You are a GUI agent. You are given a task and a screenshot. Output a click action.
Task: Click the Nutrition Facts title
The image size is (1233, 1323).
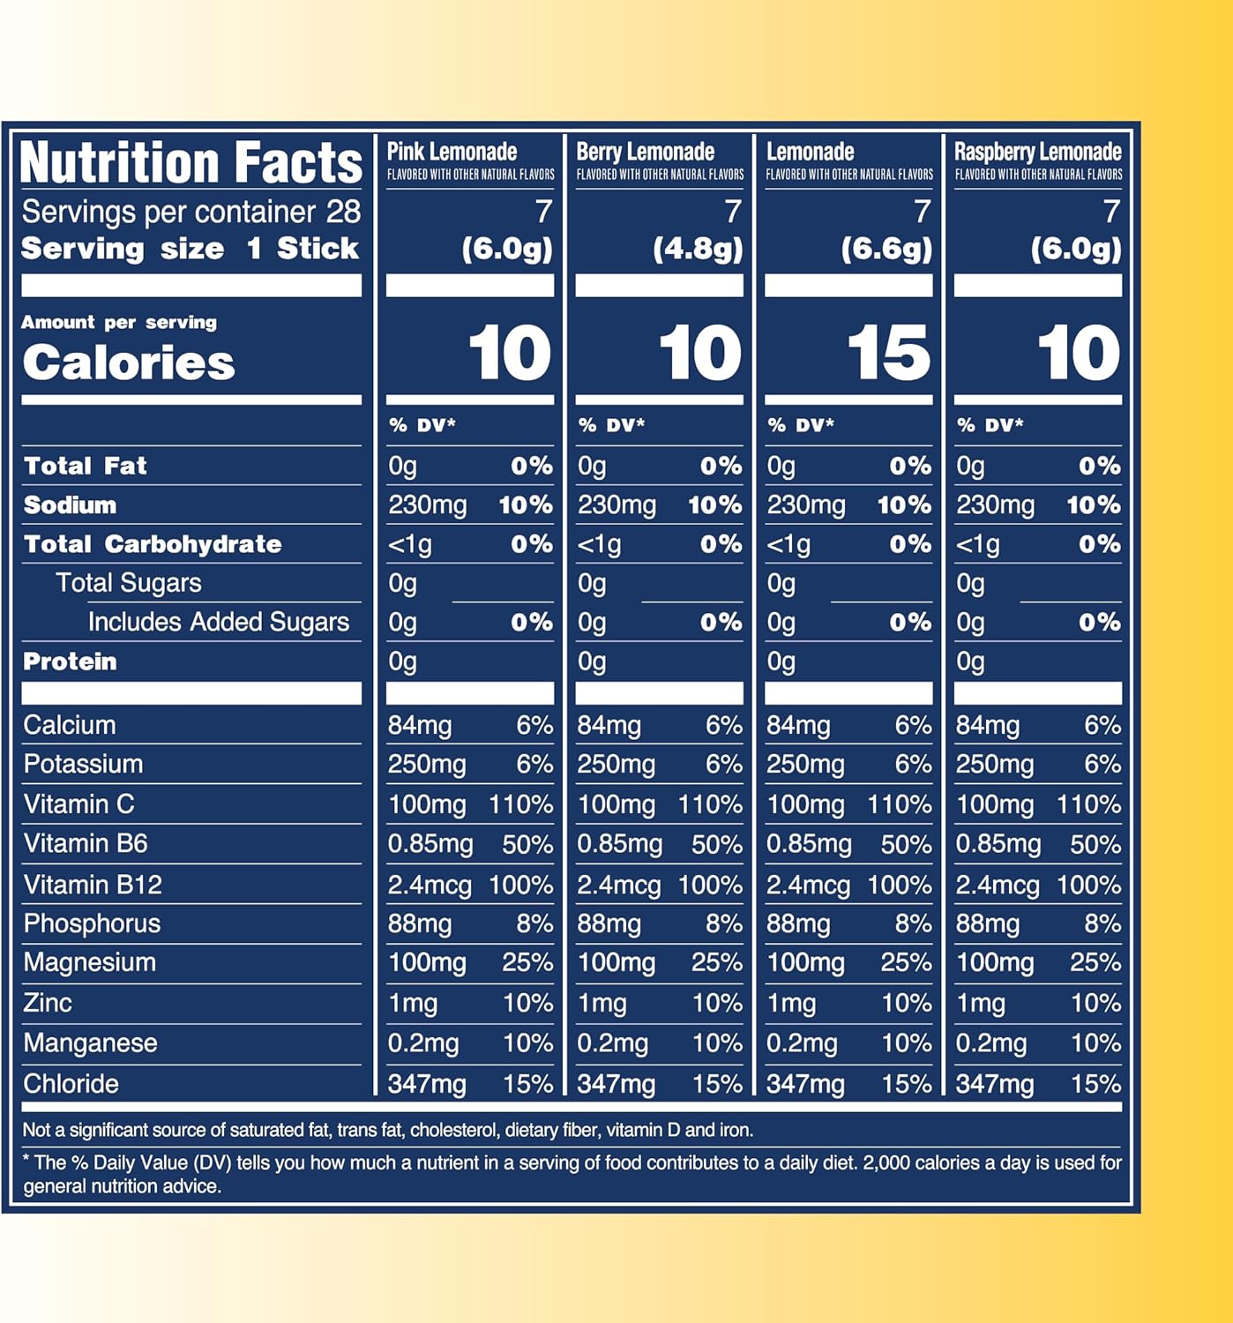point(191,163)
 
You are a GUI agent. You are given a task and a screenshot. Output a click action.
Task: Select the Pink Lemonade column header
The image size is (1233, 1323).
point(452,152)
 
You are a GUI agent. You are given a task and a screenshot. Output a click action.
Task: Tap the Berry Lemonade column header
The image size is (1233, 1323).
point(645,152)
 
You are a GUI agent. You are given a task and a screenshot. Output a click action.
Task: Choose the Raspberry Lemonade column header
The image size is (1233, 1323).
point(1037,152)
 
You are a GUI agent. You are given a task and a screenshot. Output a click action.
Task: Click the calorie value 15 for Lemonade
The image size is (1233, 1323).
point(888,354)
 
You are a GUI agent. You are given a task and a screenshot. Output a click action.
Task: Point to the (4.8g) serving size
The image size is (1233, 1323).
point(698,250)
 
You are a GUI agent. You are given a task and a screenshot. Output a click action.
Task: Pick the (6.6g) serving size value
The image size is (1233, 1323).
point(886,250)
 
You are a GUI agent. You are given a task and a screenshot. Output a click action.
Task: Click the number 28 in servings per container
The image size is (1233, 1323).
point(343,212)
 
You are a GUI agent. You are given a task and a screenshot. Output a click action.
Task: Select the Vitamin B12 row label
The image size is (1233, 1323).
point(93,885)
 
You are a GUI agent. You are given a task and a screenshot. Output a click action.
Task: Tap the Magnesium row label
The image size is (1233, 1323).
point(89,962)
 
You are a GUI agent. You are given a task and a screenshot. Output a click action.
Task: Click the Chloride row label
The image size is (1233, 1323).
point(71,1084)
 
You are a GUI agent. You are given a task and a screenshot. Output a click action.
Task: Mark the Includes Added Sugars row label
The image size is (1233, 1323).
point(218,622)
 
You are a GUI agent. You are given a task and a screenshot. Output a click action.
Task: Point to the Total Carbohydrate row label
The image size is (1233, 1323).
point(153,544)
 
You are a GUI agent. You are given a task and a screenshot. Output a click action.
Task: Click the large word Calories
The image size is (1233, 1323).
point(129,363)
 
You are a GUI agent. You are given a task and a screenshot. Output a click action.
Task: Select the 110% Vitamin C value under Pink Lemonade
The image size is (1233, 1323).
point(520,804)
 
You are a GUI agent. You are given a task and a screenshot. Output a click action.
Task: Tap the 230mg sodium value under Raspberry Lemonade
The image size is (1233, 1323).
point(995,505)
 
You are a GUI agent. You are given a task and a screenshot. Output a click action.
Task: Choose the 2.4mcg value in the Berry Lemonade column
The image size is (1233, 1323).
point(618,885)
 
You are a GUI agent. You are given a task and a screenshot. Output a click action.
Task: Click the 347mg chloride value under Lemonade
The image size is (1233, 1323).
point(804,1084)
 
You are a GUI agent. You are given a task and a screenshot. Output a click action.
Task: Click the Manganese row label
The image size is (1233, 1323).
point(90,1043)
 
